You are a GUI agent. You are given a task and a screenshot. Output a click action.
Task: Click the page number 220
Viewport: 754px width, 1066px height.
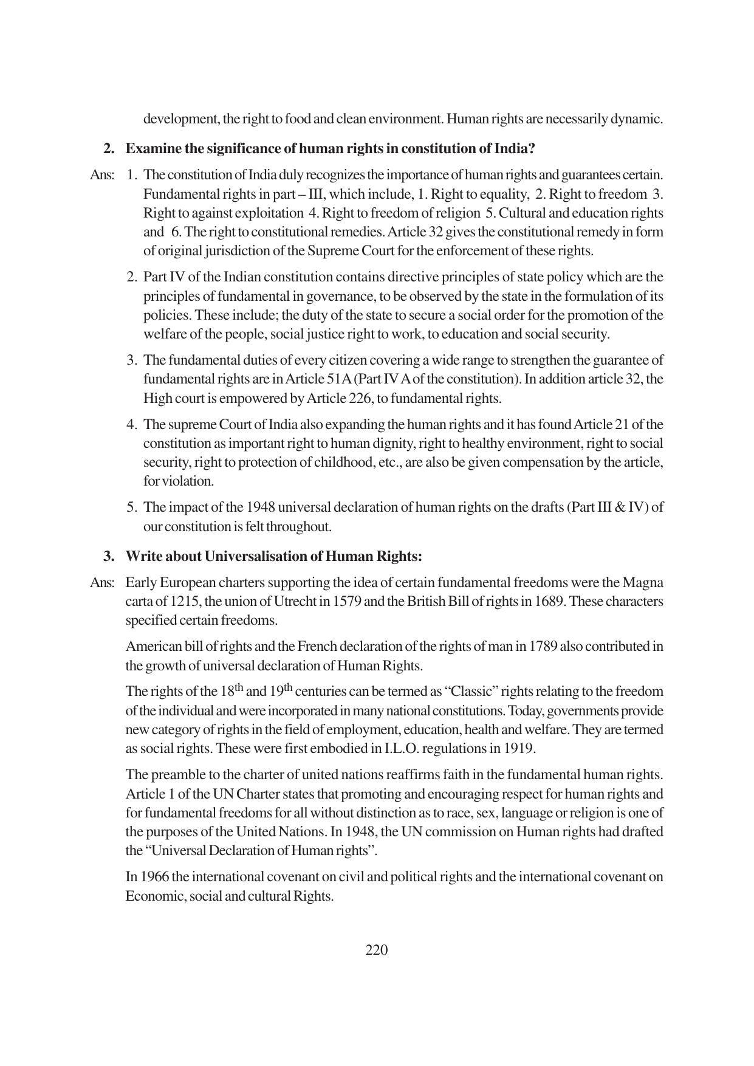[x=376, y=950]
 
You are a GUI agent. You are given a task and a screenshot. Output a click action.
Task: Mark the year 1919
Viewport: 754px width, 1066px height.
[x=519, y=748]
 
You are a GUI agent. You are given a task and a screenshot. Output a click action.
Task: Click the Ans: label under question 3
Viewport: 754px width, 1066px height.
[x=101, y=583]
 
